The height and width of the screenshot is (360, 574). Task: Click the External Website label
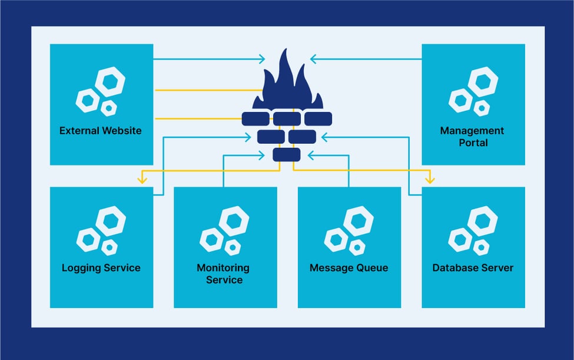[x=101, y=131]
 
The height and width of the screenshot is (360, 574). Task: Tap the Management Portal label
[x=472, y=137]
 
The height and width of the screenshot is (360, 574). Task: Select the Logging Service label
[x=101, y=268]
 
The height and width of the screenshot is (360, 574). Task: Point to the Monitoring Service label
[x=224, y=274]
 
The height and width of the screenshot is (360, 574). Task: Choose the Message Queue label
[x=349, y=268]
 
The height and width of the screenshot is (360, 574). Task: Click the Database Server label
[x=473, y=268]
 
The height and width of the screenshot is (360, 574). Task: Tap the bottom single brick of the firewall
[x=287, y=155]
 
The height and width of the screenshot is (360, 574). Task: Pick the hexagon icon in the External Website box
[x=101, y=91]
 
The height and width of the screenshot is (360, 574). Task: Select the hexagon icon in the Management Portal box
[x=473, y=91]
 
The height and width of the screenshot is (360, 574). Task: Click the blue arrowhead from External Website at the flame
[x=261, y=59]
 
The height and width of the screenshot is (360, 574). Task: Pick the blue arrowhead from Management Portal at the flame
[x=314, y=59]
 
